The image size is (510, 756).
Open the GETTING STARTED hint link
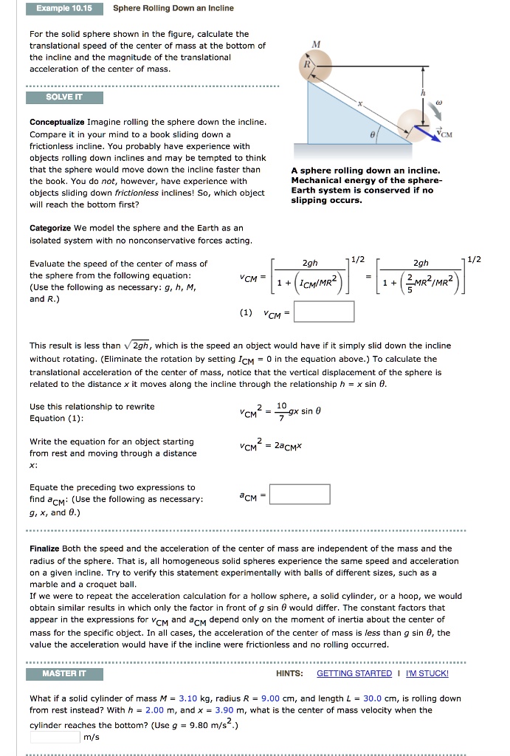click(x=354, y=673)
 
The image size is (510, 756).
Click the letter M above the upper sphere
click(x=317, y=44)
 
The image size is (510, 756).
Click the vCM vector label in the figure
click(x=452, y=134)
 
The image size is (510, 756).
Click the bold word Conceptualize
click(x=57, y=121)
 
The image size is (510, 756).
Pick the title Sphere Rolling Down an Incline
click(x=173, y=8)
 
